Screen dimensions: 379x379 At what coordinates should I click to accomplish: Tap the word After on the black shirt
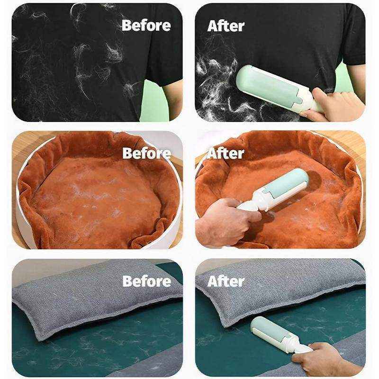click(226, 26)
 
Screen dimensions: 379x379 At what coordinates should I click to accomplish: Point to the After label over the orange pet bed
click(226, 153)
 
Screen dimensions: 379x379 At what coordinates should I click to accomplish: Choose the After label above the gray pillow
click(226, 281)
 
